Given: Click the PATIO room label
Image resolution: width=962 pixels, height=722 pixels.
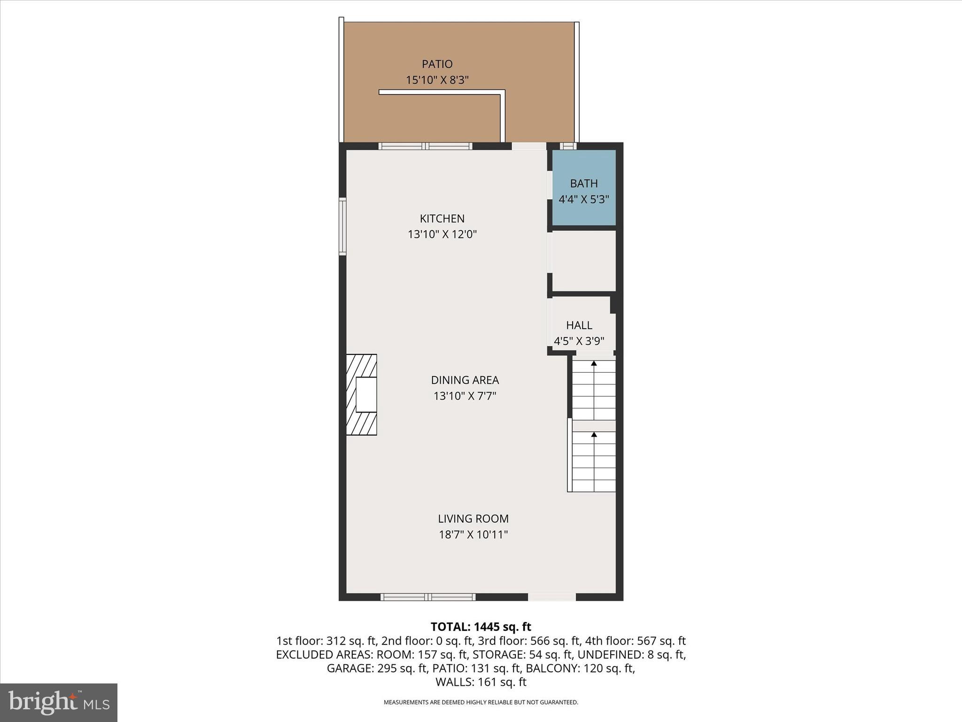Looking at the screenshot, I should [437, 64].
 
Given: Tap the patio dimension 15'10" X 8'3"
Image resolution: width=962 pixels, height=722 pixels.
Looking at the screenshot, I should [437, 80].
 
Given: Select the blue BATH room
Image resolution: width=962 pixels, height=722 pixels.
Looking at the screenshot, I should [583, 188].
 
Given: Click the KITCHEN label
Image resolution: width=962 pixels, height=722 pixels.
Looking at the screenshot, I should [442, 219].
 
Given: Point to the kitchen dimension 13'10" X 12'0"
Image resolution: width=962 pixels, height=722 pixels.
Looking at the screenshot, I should [442, 234].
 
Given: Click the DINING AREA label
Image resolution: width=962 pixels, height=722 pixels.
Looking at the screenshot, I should [465, 380].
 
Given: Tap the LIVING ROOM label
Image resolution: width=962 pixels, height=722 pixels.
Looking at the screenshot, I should [473, 518].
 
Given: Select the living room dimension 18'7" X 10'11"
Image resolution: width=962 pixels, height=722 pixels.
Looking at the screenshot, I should [473, 534].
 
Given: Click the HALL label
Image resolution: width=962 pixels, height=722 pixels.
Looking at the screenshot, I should [579, 325].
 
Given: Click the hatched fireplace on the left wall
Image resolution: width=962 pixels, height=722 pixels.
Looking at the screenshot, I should [361, 394].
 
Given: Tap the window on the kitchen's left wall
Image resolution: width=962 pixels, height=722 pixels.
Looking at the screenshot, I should [343, 227].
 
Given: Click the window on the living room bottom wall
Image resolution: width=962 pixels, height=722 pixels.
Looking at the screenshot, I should [427, 597].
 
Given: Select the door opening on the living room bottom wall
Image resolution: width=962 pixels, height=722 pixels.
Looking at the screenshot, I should [551, 597].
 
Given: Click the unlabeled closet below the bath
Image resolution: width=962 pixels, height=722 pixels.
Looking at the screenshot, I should [583, 261].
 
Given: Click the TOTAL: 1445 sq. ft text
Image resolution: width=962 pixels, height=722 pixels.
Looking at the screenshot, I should [481, 627].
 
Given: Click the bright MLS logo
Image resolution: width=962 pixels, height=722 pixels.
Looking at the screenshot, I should [59, 702].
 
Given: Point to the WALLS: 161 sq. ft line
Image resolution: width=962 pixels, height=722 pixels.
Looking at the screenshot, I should [481, 682].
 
